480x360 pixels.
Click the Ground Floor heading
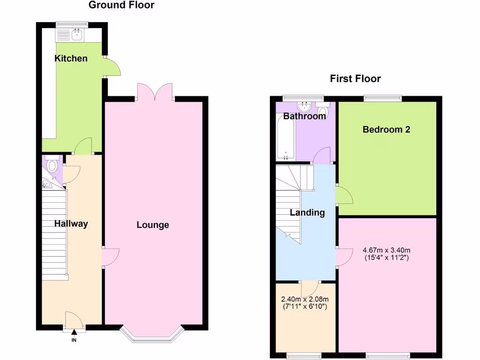[121, 5]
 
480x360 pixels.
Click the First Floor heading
[355, 78]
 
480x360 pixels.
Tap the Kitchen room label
[71, 59]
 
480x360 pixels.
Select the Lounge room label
[153, 225]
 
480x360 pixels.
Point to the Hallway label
[71, 224]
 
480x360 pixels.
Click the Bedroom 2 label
[386, 129]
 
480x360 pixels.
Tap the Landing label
[307, 212]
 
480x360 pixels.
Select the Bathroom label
[305, 116]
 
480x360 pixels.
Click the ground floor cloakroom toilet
[52, 165]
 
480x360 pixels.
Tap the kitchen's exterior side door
[112, 67]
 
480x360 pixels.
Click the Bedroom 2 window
[383, 98]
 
